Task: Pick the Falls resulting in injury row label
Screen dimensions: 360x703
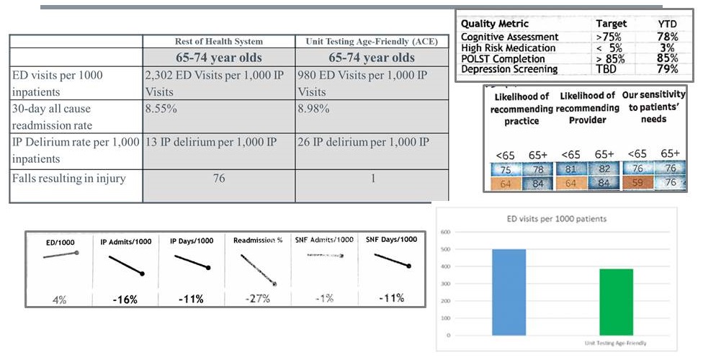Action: tap(68, 178)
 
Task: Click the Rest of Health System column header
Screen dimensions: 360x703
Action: tap(218, 42)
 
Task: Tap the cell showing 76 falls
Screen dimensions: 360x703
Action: tap(218, 178)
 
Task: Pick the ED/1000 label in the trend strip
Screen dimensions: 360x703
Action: tap(60, 242)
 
